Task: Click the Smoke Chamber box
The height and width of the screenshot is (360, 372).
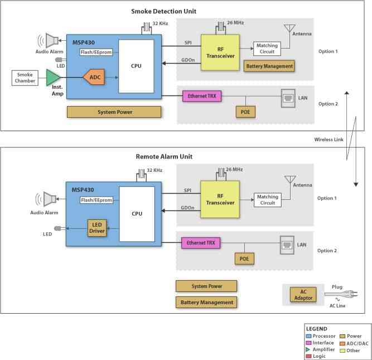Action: tap(25, 78)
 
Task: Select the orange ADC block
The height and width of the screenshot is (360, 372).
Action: tap(94, 77)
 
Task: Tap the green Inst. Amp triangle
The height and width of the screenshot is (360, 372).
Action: tap(53, 78)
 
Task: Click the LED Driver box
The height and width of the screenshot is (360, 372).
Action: tap(97, 228)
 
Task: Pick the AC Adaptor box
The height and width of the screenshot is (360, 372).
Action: tap(303, 295)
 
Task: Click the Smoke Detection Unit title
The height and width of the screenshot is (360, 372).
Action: tap(164, 11)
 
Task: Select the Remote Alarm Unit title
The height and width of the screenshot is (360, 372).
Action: tap(164, 156)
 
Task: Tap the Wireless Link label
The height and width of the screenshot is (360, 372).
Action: tap(328, 140)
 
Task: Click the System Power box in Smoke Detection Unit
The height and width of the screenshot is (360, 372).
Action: tap(114, 112)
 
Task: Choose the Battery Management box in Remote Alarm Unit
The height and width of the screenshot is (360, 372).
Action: tap(206, 303)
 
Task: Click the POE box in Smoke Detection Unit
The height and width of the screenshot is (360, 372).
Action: tap(245, 112)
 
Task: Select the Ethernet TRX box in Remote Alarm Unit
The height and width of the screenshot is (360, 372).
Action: tap(201, 243)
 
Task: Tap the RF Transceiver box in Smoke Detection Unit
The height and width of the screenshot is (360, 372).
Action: tap(220, 52)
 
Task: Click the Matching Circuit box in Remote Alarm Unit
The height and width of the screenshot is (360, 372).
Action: tap(268, 200)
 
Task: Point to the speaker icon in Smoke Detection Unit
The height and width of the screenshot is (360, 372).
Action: tap(49, 41)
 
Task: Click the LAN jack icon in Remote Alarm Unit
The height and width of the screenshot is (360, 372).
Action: tap(287, 245)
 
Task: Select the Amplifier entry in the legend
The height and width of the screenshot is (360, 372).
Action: tap(320, 349)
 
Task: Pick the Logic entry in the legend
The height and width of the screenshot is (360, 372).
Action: tap(316, 356)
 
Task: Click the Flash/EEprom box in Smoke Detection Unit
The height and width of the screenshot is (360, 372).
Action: tap(96, 52)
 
